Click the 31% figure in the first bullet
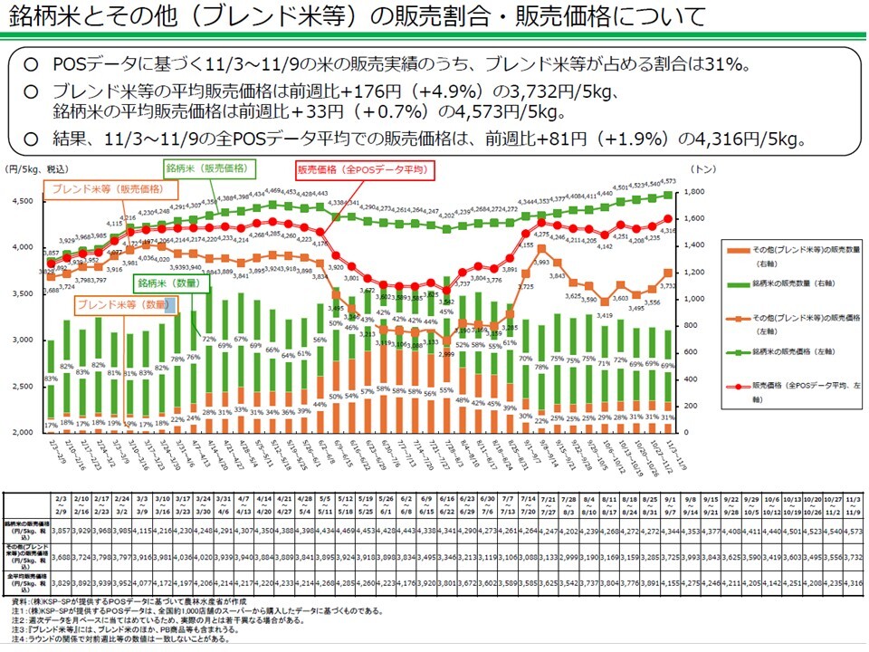tap(731, 65)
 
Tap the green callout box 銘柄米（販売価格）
tap(209, 168)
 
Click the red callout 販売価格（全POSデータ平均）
tap(363, 170)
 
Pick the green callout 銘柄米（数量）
tap(171, 283)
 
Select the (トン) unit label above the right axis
tap(702, 169)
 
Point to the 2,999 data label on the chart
tap(445, 354)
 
